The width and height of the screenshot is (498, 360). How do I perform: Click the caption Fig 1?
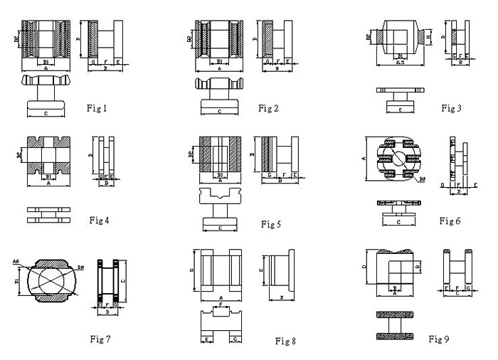point(97,108)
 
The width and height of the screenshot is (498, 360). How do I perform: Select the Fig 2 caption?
point(268,108)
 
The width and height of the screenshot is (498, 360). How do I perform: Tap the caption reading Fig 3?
point(451,108)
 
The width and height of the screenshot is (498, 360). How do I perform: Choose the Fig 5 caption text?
point(271,224)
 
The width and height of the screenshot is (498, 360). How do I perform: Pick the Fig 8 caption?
point(285,342)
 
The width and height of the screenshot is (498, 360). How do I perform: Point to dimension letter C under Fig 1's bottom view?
point(46,112)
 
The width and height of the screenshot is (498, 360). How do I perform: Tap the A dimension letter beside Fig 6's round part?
point(364,158)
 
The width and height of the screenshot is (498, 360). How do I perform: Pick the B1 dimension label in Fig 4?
point(47,176)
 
